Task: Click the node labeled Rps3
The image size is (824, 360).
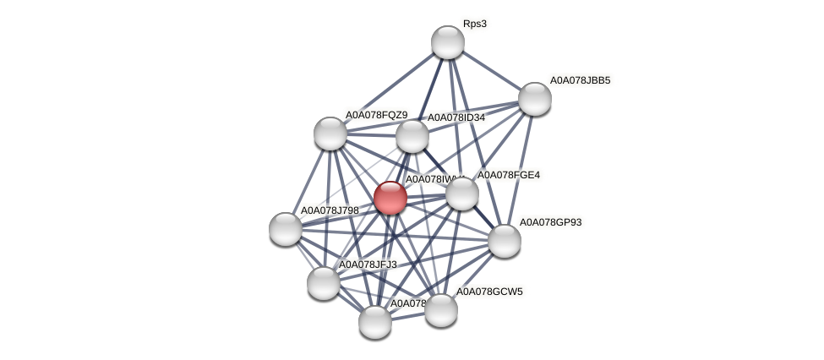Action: coord(448,42)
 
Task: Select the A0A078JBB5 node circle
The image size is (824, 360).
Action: coord(535,99)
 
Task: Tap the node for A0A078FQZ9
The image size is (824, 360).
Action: coord(330,134)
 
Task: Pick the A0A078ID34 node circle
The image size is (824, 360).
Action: coord(412,136)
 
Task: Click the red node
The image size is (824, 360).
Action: coord(390,198)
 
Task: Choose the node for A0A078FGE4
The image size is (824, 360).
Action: coord(462,194)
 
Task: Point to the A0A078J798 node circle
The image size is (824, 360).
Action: coord(286,229)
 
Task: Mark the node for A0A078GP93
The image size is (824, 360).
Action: coord(505,241)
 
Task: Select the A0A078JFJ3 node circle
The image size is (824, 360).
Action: coord(324,282)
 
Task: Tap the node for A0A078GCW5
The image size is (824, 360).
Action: coord(441,309)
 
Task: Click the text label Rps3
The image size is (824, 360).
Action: coord(474,24)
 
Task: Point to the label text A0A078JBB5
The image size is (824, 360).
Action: coord(580,80)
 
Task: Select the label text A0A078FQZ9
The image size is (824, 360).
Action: coord(376,115)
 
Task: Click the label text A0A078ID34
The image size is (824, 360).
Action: coord(456,117)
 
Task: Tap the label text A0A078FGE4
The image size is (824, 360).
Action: coord(509,175)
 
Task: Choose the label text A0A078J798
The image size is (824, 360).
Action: coord(330,210)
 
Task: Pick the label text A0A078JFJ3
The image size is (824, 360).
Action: coord(368,265)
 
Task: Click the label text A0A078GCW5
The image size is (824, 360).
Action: coord(489,292)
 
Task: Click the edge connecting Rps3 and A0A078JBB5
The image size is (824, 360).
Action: coord(492,71)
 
